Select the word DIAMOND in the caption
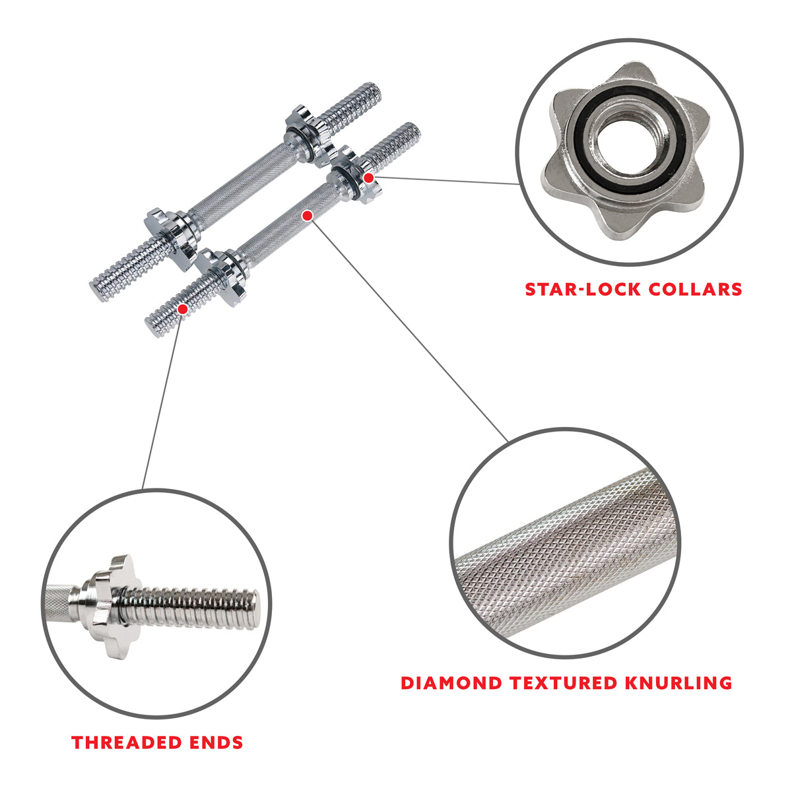point(451,682)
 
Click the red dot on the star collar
point(369,178)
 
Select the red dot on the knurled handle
point(307,215)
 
